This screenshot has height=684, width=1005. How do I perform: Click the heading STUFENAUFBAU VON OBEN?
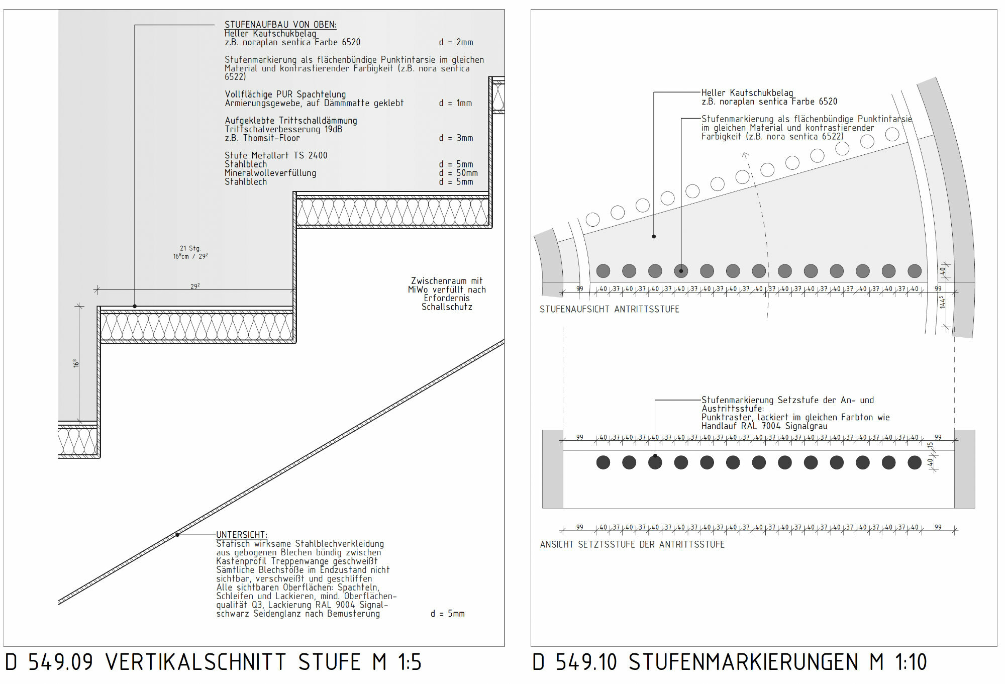point(280,25)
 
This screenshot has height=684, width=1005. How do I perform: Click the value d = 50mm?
point(458,173)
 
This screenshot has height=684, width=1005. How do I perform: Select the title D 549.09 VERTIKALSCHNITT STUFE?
point(213,662)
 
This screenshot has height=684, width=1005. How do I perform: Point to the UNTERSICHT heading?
point(242,535)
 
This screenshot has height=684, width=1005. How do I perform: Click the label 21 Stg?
point(190,248)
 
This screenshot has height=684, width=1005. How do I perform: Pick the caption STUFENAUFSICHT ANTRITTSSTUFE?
point(610,309)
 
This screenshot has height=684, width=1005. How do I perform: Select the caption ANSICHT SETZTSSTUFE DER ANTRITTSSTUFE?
point(632,544)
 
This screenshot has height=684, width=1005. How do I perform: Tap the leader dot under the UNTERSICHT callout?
point(177,535)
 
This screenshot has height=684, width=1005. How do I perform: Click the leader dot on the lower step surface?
point(135,306)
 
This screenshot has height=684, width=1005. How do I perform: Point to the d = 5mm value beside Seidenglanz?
point(448,614)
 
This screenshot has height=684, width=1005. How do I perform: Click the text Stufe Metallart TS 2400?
point(276,155)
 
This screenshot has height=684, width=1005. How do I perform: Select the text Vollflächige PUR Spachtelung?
point(285,94)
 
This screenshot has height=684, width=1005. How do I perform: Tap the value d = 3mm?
point(456,138)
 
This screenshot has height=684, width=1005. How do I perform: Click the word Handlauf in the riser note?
point(720,426)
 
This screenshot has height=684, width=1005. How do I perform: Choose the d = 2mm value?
point(456,42)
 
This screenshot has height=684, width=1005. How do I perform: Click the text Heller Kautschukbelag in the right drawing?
point(747,92)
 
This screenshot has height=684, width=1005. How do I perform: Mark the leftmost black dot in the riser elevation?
point(603,462)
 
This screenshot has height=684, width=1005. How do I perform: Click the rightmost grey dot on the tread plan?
point(915,271)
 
